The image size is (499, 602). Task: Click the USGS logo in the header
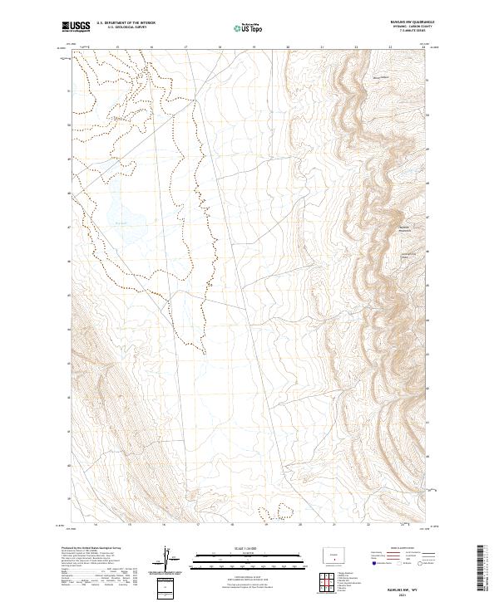tap(76, 27)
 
